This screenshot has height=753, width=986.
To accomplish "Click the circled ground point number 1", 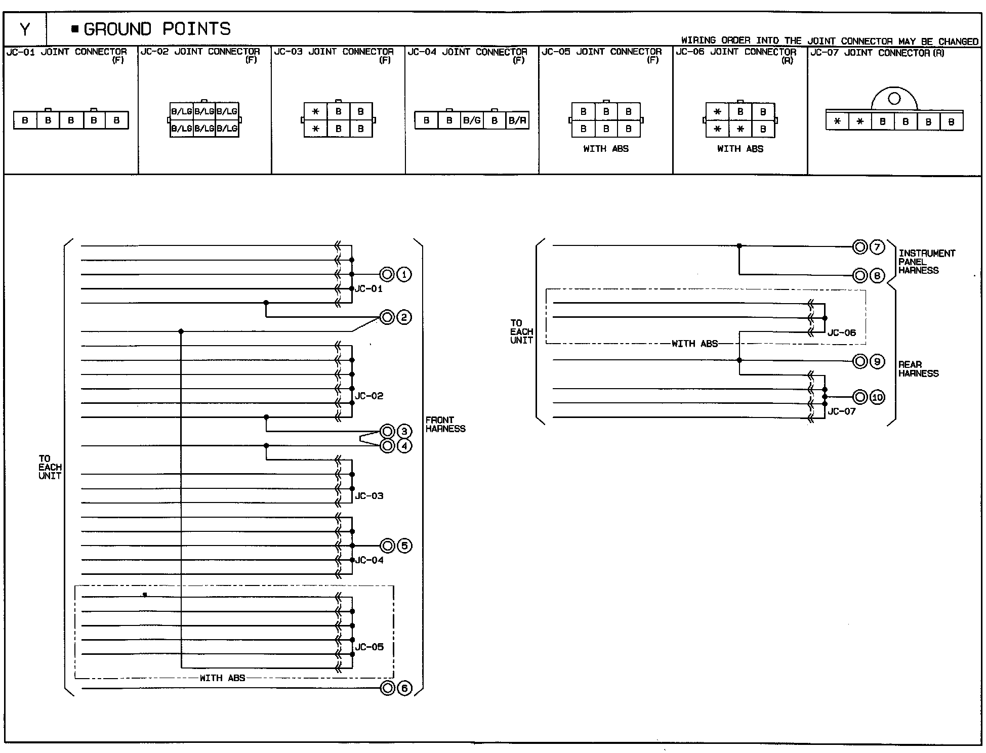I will (x=404, y=274).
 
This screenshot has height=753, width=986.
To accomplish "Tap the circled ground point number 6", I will (x=404, y=688).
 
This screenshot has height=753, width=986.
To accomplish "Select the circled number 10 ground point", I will (x=877, y=397).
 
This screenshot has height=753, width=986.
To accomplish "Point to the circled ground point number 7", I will (x=877, y=247).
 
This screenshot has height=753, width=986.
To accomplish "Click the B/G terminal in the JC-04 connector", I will (x=472, y=120).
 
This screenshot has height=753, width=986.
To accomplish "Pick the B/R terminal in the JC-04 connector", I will (x=517, y=120).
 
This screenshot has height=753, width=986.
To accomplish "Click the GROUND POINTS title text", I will (x=157, y=29).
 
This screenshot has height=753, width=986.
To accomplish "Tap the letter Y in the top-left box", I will (x=25, y=29).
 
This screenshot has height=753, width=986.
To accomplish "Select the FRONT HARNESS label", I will (x=445, y=424).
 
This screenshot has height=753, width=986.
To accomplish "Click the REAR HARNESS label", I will (x=918, y=369).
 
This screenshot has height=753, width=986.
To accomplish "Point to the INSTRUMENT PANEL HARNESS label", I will (x=926, y=262).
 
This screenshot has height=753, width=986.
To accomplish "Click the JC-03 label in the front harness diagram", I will (x=369, y=496).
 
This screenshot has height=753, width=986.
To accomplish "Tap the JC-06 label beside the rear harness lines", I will (x=841, y=333).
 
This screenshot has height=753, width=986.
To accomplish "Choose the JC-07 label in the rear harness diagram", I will (x=841, y=411).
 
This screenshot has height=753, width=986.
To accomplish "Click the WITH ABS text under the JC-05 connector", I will (x=606, y=149).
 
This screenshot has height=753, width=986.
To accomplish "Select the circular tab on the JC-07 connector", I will (x=894, y=99).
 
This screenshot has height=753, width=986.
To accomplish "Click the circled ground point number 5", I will (x=404, y=546).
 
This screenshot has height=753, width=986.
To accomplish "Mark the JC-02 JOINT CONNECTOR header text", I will (x=200, y=52).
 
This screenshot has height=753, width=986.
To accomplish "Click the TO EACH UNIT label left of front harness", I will (x=50, y=467).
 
